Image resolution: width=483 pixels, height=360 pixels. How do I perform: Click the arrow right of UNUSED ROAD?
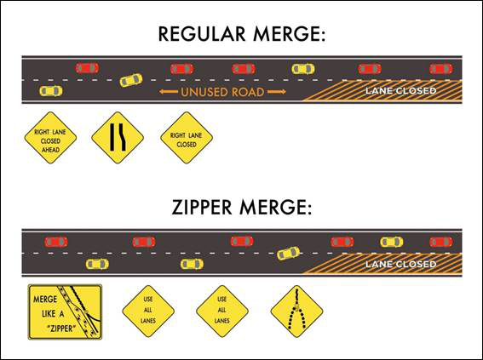[275, 91]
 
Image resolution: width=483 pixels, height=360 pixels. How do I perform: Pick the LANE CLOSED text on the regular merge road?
[400, 90]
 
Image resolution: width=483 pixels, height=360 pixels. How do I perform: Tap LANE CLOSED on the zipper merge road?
[400, 265]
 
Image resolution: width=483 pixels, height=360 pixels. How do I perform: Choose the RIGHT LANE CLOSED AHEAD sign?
[50, 137]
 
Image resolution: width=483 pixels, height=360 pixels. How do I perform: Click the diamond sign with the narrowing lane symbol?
[118, 137]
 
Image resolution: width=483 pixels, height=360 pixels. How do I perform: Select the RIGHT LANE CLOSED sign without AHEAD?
[186, 137]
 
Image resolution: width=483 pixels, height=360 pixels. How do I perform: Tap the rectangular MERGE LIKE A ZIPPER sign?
[65, 311]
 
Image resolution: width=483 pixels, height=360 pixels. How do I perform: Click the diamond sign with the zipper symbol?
[296, 311]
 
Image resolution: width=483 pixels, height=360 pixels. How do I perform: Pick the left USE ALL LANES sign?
[148, 311]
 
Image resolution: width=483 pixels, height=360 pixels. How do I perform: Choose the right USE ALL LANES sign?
[222, 311]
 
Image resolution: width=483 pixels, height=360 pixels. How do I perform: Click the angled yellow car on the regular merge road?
[130, 80]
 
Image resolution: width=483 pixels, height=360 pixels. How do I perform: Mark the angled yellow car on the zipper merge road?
[289, 253]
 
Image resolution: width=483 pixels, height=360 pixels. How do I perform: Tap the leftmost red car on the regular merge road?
[86, 68]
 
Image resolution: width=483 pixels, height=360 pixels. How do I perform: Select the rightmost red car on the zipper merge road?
[440, 242]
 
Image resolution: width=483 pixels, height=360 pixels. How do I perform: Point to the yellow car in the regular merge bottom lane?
[50, 90]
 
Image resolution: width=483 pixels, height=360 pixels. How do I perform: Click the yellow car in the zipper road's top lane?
[391, 242]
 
